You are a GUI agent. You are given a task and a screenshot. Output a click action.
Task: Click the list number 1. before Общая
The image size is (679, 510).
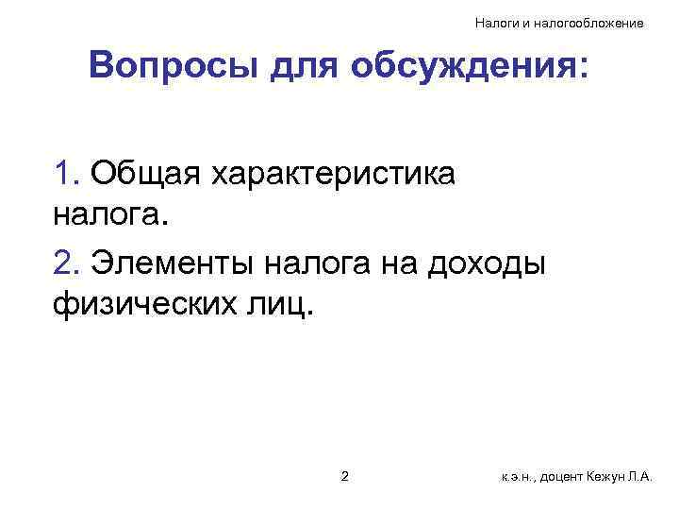pos(65,174)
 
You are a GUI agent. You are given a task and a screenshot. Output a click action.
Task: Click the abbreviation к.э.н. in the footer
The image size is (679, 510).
pos(519,478)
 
